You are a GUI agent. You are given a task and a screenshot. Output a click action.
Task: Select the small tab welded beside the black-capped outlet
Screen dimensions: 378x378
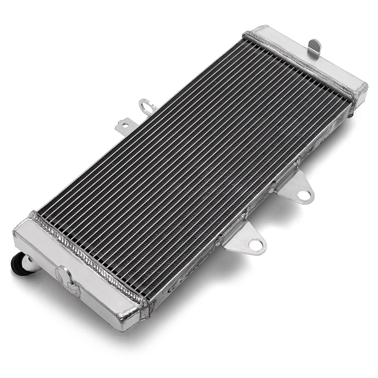pos(65,277)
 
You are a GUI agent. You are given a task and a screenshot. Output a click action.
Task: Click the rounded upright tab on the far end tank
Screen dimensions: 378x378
pos(315,46)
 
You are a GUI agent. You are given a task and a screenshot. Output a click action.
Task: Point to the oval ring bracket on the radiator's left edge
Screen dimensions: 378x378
pos(146,106)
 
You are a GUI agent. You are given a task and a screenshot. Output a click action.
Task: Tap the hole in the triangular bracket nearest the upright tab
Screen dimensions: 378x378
pos(303,195)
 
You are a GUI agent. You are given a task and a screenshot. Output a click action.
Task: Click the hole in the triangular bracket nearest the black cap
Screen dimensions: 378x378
pos(256,245)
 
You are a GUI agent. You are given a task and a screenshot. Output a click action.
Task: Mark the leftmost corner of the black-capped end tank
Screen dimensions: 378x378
pos(14,237)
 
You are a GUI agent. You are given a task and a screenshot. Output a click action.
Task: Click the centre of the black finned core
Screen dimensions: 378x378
pos(194,166)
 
